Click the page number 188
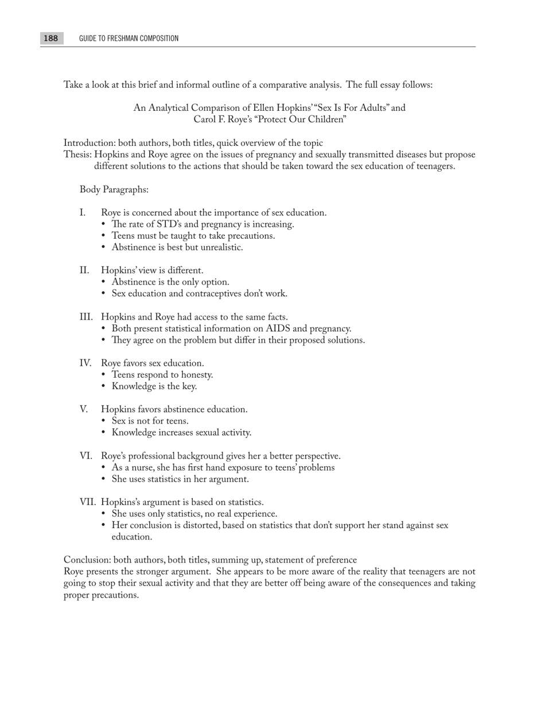pyautogui.click(x=50, y=38)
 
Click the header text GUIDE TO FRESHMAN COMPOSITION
pyautogui.click(x=129, y=38)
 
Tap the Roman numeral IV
pyautogui.click(x=85, y=363)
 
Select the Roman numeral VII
pyautogui.click(x=87, y=502)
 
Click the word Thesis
pyautogui.click(x=77, y=154)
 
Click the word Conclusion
pyautogui.click(x=87, y=560)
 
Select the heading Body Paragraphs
pyautogui.click(x=114, y=189)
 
